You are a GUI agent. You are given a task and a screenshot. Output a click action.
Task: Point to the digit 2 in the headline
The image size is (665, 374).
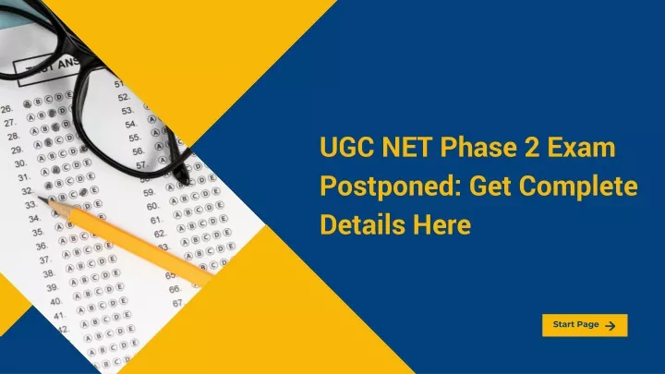pos(532,147)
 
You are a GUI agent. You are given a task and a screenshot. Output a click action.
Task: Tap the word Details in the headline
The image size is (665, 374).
pos(363,224)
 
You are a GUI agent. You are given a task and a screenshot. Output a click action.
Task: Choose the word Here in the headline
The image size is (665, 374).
pos(442,224)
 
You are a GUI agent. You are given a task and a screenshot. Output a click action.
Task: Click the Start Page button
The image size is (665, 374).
pos(585,325)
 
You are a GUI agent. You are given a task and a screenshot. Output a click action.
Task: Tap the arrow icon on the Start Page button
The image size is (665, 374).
pos(610,326)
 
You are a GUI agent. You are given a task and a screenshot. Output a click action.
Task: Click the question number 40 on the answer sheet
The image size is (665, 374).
pos(55,302)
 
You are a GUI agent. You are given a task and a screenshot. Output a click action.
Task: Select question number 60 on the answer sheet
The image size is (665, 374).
pos(152,207)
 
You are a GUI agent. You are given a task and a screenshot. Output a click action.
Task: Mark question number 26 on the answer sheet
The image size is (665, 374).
pos(6,109)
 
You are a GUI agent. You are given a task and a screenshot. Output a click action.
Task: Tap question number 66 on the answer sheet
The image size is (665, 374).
pos(175,289)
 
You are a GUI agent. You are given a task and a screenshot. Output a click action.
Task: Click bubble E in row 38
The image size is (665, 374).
pos(115,272)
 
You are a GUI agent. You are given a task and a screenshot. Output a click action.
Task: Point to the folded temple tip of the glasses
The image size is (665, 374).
pos(183,173)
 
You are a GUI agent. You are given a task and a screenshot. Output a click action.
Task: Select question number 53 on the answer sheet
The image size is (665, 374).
pos(127,111)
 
